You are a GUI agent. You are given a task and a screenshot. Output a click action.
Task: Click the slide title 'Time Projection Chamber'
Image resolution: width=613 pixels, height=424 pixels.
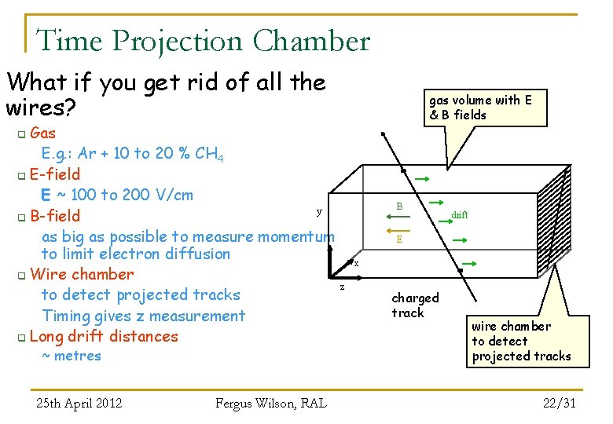[203, 41]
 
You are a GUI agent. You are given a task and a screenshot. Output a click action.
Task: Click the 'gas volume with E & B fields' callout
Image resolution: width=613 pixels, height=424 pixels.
[480, 108]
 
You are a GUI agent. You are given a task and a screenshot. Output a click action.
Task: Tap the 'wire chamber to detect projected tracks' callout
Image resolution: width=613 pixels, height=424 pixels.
[521, 341]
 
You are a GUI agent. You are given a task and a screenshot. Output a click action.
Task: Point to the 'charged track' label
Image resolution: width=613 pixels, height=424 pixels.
[415, 305]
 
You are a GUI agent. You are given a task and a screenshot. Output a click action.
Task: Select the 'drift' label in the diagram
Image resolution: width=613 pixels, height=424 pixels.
[460, 214]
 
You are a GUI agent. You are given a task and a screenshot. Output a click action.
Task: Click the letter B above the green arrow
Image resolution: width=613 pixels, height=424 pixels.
[399, 207]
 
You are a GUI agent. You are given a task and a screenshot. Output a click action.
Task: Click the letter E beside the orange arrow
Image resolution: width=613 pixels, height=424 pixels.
[399, 239]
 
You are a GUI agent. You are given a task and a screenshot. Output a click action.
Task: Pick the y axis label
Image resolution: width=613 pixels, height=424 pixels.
[318, 211]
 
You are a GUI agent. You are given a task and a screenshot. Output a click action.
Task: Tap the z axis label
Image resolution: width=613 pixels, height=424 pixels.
[341, 287]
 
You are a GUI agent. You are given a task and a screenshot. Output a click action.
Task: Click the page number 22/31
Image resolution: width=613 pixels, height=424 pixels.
[560, 403]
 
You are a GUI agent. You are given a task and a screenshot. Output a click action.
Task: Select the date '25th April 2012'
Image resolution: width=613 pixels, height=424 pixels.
[79, 404]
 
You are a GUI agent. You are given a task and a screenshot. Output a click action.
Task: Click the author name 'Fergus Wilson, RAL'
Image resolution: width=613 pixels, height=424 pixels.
[270, 404]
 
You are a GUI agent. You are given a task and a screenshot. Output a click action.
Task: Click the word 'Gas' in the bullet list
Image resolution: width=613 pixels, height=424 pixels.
[42, 133]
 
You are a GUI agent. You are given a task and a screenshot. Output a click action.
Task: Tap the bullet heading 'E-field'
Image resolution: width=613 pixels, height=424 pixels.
[54, 174]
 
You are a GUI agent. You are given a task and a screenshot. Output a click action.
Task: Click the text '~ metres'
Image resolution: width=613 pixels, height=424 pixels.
[72, 356]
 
